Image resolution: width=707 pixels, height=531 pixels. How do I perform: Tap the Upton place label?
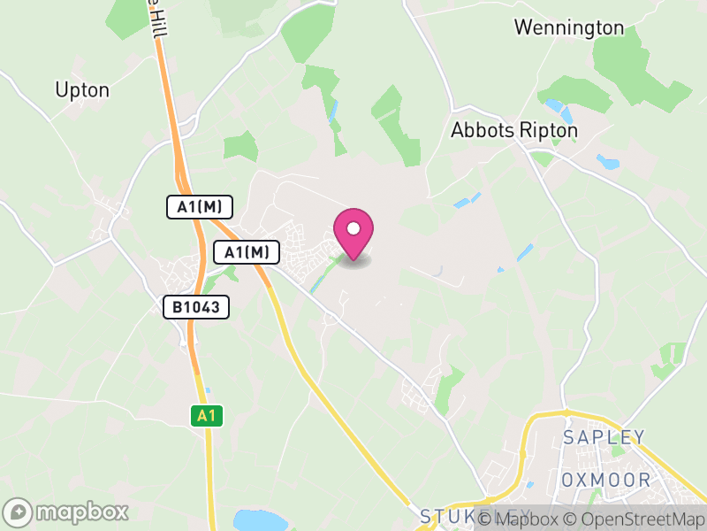pos(82,89)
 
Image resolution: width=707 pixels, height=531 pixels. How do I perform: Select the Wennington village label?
pos(568,27)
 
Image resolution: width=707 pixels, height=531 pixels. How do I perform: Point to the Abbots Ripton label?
pos(514,130)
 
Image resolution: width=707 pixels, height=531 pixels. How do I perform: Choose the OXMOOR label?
pos(606,481)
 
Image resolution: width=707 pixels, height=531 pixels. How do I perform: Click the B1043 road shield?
pos(196,307)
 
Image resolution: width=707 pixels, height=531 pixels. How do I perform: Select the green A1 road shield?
pos(205,415)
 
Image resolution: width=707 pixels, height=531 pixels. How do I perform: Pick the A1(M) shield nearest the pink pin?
pos(247,253)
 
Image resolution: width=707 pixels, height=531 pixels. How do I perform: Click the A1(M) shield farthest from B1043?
pos(200,208)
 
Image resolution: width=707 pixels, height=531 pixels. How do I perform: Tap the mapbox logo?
pos(66,512)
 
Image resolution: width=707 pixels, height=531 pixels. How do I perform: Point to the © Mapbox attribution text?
pos(526,519)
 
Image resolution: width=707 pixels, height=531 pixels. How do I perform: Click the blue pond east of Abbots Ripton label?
pos(608,162)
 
